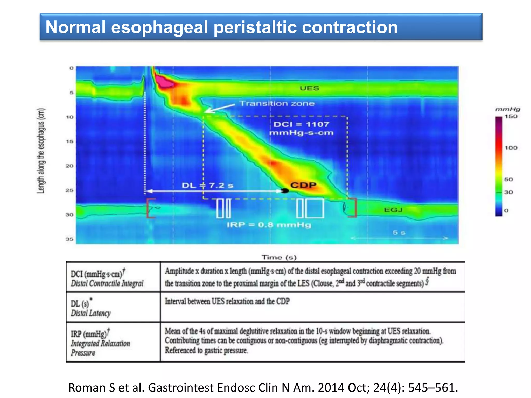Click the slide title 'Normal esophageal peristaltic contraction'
[221, 27]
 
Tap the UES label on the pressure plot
[309, 88]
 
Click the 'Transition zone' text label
[277, 103]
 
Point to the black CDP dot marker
[285, 191]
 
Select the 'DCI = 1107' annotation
[301, 124]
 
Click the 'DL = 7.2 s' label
[207, 186]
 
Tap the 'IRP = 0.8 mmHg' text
[269, 225]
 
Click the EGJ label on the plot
[393, 210]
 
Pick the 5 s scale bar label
[399, 233]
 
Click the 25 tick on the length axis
[69, 190]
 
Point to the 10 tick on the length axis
[69, 117]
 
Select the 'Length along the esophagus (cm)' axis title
[41, 151]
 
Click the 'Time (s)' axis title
[279, 257]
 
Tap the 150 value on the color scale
[511, 117]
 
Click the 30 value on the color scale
[508, 192]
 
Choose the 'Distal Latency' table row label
[91, 313]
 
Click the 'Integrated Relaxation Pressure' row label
[100, 344]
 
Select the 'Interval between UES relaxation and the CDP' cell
[227, 301]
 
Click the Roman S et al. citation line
[263, 388]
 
